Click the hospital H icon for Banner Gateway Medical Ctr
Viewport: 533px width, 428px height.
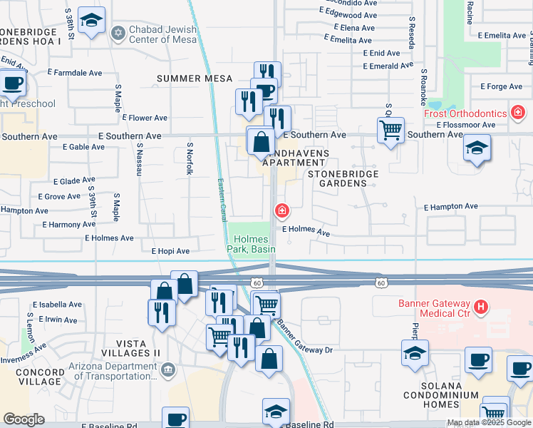[482, 307]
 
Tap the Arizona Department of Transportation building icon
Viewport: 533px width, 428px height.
[168, 369]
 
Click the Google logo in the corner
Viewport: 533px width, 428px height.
[24, 419]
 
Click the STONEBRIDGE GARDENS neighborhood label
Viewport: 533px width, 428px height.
[337, 178]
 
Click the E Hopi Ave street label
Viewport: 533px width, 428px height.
[170, 251]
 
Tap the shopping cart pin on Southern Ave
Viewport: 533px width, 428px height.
[390, 131]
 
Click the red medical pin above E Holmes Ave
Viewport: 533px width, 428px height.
[282, 210]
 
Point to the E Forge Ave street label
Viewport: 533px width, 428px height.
[502, 86]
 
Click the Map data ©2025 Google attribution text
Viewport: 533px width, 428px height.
[489, 422]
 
